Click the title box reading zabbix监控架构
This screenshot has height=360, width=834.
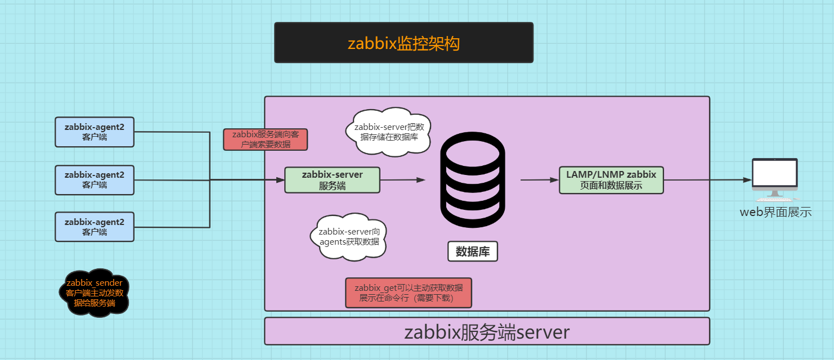click(x=403, y=43)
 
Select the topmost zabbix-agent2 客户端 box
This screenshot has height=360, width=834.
click(x=95, y=132)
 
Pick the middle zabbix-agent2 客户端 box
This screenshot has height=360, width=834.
click(x=95, y=179)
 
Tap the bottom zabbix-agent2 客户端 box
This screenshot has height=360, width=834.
click(x=95, y=227)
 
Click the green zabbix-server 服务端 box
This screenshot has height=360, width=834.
click(x=332, y=180)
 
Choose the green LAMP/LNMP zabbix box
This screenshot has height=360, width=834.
click(x=611, y=180)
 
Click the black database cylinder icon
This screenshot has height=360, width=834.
click(x=473, y=180)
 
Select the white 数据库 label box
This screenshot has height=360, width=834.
click(x=473, y=251)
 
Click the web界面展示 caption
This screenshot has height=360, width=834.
click(x=775, y=212)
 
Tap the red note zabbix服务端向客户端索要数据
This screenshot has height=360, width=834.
click(x=266, y=139)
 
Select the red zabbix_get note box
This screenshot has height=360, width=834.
click(x=409, y=292)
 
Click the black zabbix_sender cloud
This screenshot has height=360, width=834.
click(x=95, y=292)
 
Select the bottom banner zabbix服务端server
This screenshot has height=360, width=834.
click(x=487, y=332)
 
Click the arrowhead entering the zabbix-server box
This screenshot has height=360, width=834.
click(x=280, y=180)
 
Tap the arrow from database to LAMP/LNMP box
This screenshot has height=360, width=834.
click(x=539, y=180)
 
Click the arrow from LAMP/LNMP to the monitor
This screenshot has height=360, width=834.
click(x=707, y=180)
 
